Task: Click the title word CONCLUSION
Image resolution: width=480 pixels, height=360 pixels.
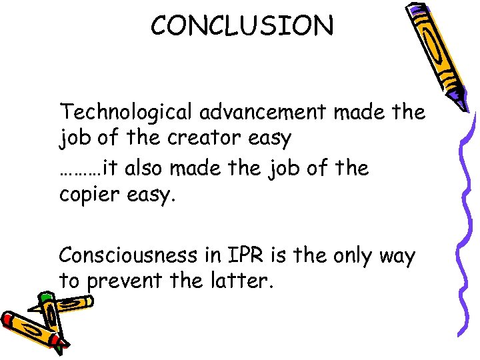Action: click(x=241, y=26)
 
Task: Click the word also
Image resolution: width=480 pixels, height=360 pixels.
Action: click(x=145, y=168)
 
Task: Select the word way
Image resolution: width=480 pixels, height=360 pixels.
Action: click(x=397, y=256)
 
